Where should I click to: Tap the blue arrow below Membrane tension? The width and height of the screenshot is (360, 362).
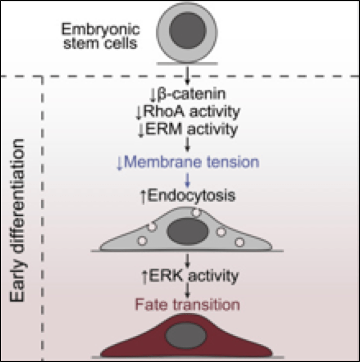187,179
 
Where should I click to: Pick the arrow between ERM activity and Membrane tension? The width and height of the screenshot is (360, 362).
187,145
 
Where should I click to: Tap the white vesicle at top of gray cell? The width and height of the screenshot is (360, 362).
196,213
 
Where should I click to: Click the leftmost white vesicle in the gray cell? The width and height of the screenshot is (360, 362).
142,239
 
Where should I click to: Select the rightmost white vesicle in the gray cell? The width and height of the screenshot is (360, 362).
239,241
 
